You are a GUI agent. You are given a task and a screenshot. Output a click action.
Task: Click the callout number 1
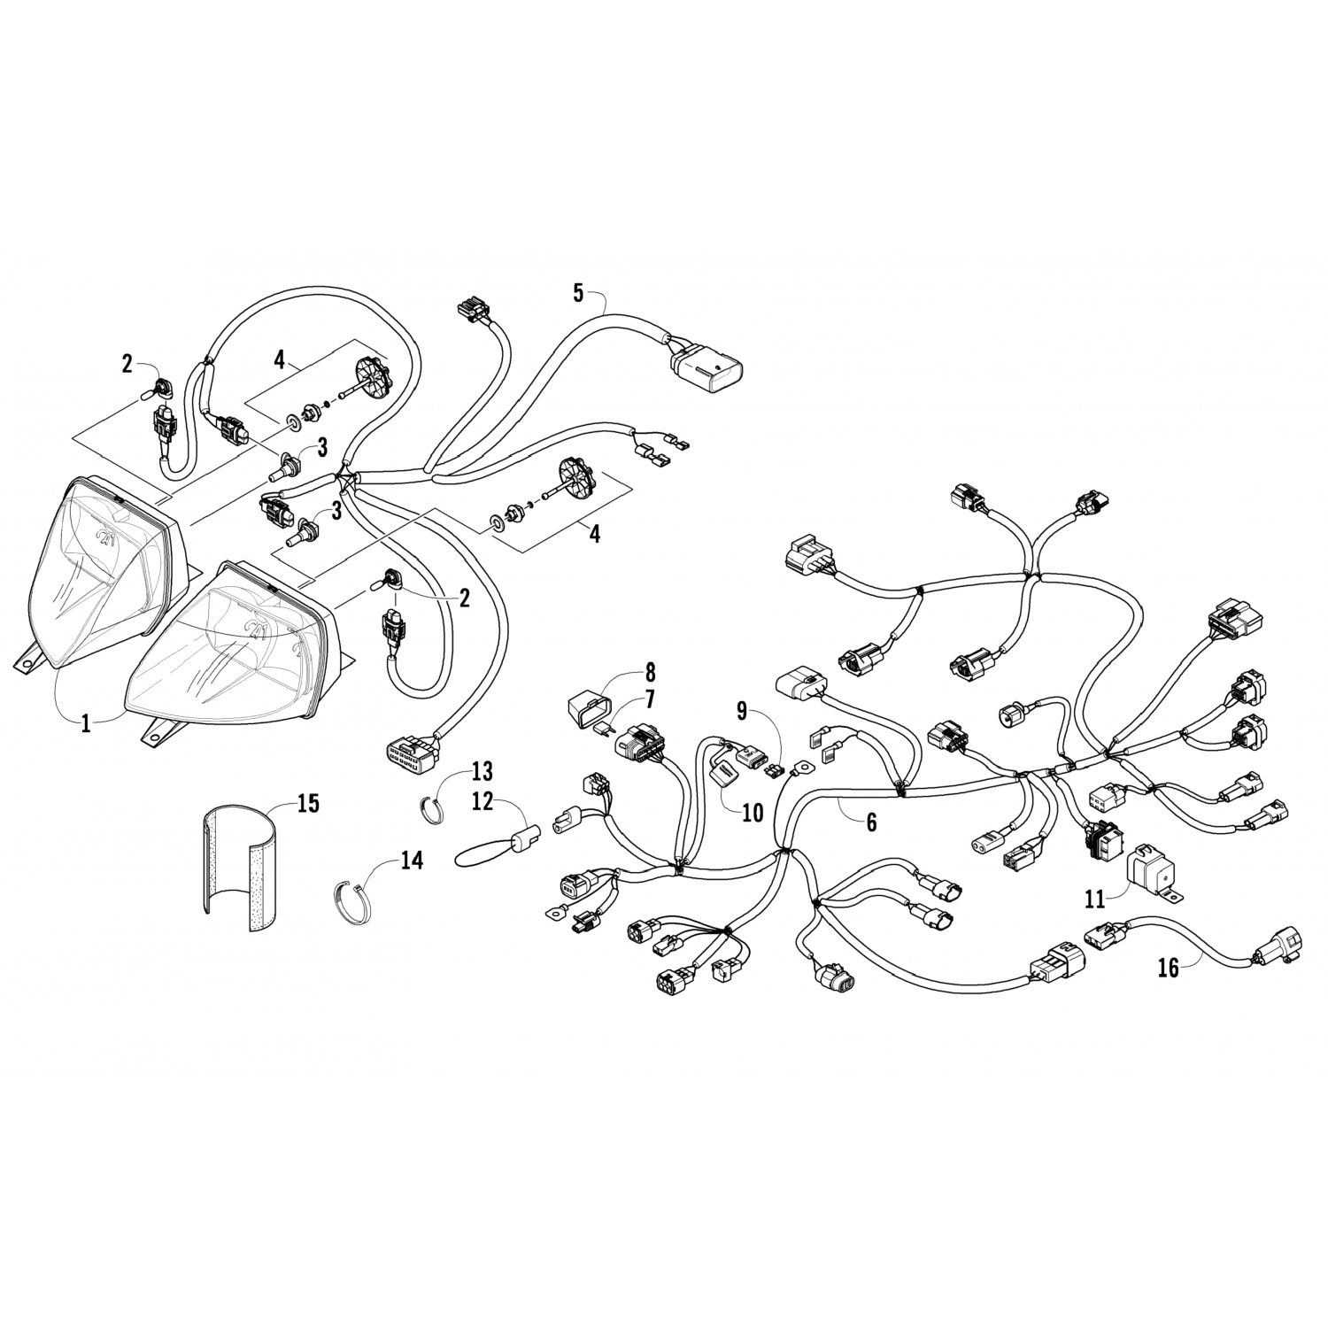[x=86, y=723]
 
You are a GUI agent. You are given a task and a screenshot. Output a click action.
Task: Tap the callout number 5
[x=578, y=293]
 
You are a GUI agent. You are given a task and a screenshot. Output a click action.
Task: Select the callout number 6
[x=871, y=822]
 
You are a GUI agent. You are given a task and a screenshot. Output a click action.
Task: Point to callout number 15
[x=309, y=804]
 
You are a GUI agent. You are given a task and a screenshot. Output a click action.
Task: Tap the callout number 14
[x=413, y=860]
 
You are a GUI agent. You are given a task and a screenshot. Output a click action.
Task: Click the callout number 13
[x=482, y=770]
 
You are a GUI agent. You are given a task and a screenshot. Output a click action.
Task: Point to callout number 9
[x=742, y=709]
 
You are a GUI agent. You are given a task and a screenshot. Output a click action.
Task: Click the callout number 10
[x=752, y=813]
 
